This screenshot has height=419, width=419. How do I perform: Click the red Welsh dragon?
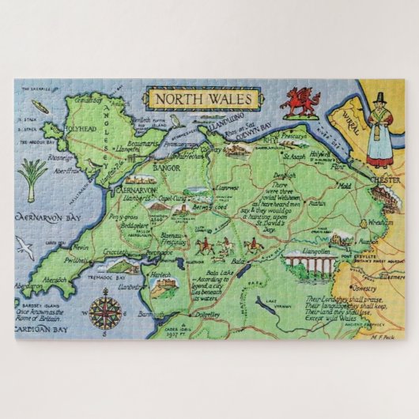(x=300, y=100)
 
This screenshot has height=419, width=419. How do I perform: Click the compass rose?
(x=104, y=310)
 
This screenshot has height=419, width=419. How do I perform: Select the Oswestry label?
(x=368, y=309)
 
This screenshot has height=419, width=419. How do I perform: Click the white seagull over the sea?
(x=25, y=252)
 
